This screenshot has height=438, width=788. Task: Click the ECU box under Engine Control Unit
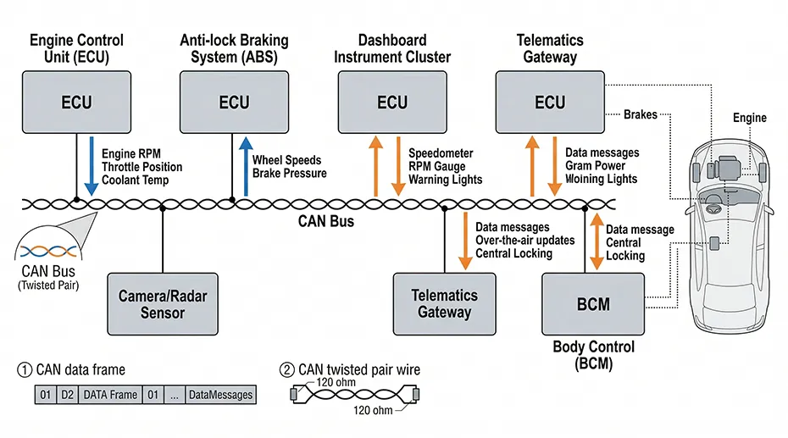76,103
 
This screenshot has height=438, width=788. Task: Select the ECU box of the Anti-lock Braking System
234,103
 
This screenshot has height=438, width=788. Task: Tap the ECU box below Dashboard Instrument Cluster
391,103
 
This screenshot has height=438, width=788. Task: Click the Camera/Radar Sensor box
162,303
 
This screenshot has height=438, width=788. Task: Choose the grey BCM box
592,303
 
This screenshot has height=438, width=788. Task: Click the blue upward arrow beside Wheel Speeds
246,166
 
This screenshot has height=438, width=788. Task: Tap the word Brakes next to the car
641,114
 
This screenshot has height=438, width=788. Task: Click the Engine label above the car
749,118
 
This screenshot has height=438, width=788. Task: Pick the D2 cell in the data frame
67,395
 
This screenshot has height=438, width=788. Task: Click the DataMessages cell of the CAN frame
219,395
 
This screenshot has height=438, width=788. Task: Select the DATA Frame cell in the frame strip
109,395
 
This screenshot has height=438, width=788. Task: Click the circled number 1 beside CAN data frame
23,369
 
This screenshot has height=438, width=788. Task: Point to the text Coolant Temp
135,180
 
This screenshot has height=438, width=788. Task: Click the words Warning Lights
445,180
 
